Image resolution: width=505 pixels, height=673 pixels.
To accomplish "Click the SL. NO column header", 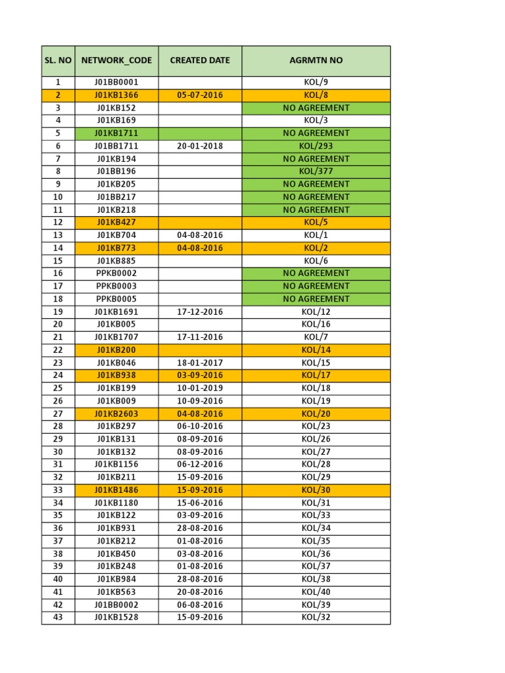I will tap(58, 60).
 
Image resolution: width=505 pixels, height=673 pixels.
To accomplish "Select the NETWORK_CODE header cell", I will tap(116, 60).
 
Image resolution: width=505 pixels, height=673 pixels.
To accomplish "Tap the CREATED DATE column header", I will tap(200, 60).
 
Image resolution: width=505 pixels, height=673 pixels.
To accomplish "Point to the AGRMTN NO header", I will tap(316, 60).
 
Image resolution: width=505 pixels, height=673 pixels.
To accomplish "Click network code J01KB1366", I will tap(116, 95).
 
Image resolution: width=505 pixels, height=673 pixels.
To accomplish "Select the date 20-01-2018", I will tap(200, 146).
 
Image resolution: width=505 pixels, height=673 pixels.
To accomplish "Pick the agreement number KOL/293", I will tap(316, 146).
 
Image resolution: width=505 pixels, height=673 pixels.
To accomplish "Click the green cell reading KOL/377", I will tap(316, 172).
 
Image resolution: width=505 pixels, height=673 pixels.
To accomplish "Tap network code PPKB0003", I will tap(116, 286).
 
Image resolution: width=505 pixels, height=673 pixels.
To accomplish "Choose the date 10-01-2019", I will tap(200, 388).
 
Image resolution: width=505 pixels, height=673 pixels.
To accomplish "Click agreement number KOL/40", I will tap(316, 592).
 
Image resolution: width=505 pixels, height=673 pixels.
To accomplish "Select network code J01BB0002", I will tap(116, 605).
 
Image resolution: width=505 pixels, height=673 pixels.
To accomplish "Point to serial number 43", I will tap(58, 617).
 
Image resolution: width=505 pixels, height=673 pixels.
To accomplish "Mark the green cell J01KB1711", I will tap(116, 133).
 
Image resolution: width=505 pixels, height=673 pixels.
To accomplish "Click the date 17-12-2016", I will tap(200, 312).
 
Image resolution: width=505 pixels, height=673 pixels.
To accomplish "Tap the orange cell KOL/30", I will tap(316, 490).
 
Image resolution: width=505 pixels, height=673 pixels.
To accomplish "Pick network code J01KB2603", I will tap(116, 413).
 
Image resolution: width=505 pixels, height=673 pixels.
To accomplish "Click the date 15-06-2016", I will tap(200, 503).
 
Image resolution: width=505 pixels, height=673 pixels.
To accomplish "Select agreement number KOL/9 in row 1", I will tap(316, 83).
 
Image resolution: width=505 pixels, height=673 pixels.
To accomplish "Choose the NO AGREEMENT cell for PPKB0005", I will tap(316, 299).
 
